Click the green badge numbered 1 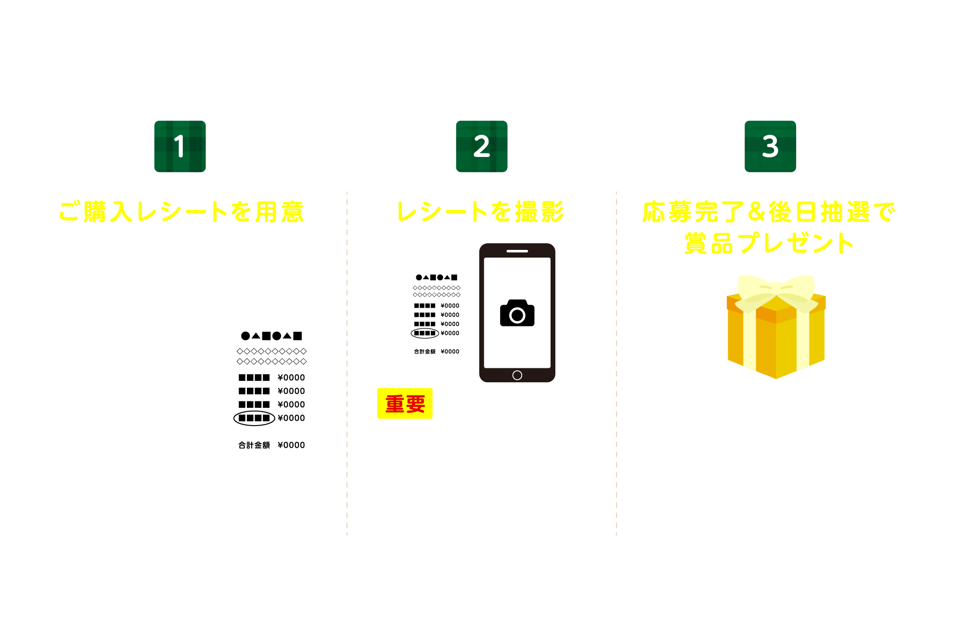(180, 146)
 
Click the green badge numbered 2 (481, 146)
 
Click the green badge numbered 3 (770, 146)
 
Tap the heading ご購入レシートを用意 (181, 212)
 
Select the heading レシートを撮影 (480, 212)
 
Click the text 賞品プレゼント (769, 243)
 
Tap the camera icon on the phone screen (517, 313)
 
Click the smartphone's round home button (517, 375)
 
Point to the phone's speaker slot (517, 251)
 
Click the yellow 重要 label (405, 403)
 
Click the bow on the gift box (776, 291)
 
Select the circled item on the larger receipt (254, 418)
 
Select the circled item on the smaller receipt (424, 333)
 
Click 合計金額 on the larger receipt (254, 445)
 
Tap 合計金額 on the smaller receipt (424, 351)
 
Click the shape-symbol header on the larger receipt (271, 336)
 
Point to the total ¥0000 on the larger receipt (291, 445)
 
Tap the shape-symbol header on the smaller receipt (437, 277)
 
